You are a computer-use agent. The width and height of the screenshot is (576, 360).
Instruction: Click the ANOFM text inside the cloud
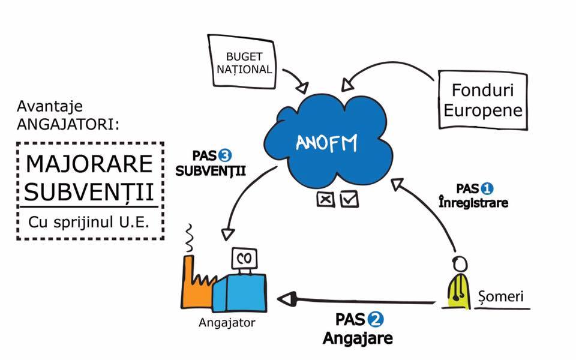click(x=326, y=143)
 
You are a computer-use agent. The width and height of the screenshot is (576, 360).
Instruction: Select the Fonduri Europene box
click(x=482, y=100)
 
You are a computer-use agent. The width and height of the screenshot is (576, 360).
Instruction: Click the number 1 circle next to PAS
click(x=486, y=188)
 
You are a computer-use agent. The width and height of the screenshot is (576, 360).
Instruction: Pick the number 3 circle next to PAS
click(x=225, y=155)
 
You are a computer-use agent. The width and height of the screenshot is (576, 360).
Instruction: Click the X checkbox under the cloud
click(x=326, y=199)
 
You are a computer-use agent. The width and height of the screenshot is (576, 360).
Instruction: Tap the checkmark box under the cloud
click(x=349, y=199)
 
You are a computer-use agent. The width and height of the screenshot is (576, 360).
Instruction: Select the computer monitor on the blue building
click(x=244, y=259)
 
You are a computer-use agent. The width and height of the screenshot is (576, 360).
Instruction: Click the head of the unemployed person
click(x=459, y=265)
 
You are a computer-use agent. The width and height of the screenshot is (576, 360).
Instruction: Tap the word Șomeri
click(x=505, y=296)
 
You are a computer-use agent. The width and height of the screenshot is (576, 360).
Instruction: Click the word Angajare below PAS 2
click(x=358, y=338)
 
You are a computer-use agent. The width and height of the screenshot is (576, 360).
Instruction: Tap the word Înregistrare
click(x=473, y=203)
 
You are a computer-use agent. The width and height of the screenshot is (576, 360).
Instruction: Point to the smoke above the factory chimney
click(x=191, y=238)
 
